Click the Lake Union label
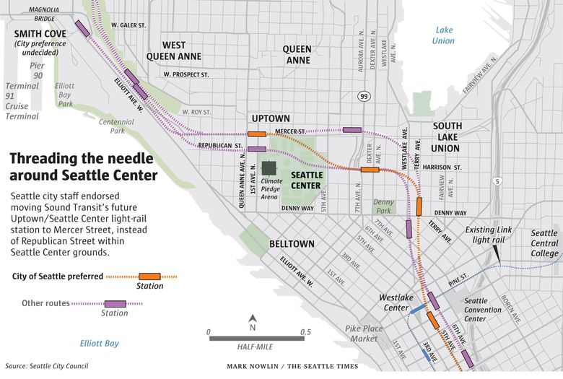point(444,35)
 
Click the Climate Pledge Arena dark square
point(269,168)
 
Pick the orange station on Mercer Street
point(256,134)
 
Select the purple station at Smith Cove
point(83,28)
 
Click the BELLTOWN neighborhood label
point(292,244)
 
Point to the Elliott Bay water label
point(100,344)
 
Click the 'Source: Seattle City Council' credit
point(47,366)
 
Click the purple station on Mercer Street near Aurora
point(352,130)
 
